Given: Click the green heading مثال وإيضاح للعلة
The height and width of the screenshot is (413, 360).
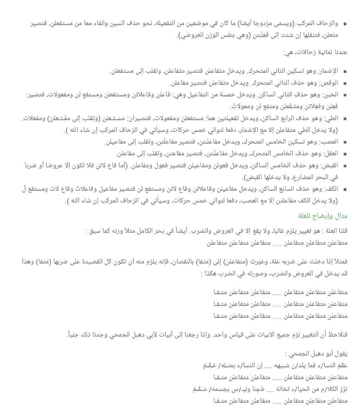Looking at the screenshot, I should point(323,216).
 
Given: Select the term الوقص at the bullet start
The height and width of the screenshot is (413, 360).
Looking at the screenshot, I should point(330,83).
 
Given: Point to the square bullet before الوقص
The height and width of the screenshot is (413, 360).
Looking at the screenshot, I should point(345,84).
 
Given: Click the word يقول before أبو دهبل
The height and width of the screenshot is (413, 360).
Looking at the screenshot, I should point(341,354).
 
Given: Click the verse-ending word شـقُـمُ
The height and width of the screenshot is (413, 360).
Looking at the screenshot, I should point(199,389).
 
